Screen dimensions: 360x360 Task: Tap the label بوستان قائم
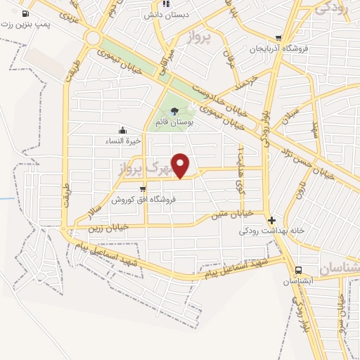coord(174,122)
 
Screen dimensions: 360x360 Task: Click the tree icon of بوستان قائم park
coord(174,110)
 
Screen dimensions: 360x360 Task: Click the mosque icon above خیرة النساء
coord(123,130)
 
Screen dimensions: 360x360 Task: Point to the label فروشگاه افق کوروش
coord(143,199)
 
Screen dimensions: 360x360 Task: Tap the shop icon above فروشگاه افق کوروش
coord(143,188)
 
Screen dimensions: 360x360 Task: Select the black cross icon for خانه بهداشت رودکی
coord(271,219)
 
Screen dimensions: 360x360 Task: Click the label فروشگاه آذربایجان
coord(279,49)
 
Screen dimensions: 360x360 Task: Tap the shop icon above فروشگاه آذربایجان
coord(279,39)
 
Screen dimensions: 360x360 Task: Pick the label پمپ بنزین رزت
coord(26,25)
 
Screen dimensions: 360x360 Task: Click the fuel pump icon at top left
coord(26,13)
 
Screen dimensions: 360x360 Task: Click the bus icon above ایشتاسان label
coord(300,270)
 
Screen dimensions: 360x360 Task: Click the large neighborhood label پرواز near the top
coord(200,38)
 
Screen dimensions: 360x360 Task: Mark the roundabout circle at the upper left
coord(92,38)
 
